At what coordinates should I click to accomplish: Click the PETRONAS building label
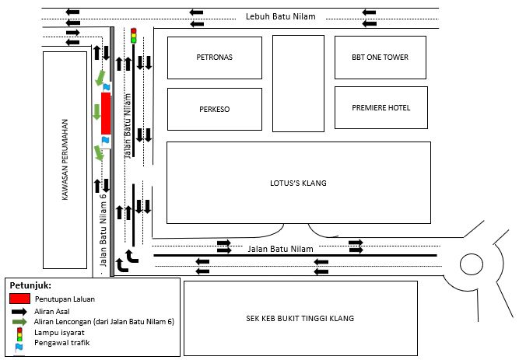pyautogui.click(x=216, y=58)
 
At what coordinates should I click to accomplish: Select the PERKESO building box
pyautogui.click(x=215, y=109)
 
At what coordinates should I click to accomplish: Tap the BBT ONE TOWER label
pyautogui.click(x=380, y=58)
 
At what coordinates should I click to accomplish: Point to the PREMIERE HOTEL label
pyautogui.click(x=380, y=108)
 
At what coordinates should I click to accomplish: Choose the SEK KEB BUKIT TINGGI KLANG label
pyautogui.click(x=300, y=318)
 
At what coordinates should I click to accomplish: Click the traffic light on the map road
pyautogui.click(x=133, y=35)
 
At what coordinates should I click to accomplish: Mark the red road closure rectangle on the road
pyautogui.click(x=106, y=113)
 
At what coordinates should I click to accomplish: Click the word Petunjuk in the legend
pyautogui.click(x=30, y=285)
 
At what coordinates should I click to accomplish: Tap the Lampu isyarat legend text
pyautogui.click(x=60, y=331)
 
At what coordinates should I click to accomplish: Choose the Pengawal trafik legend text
pyautogui.click(x=62, y=342)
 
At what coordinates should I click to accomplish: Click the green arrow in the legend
pyautogui.click(x=19, y=321)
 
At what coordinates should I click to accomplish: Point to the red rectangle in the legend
pyautogui.click(x=20, y=298)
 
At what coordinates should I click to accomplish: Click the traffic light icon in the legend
pyautogui.click(x=19, y=332)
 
